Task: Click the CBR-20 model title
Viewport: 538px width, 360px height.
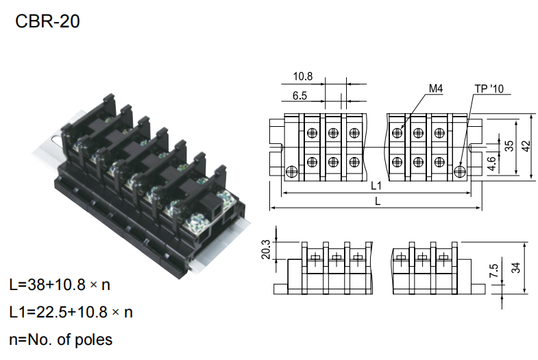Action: coord(47,21)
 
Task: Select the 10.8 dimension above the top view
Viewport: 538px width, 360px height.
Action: coord(303,75)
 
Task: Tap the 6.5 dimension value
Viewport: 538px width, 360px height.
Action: coord(299,97)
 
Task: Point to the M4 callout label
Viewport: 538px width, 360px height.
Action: coord(437,89)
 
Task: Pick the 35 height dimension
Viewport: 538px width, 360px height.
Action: coord(509,145)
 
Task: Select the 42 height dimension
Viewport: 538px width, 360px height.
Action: coord(526,145)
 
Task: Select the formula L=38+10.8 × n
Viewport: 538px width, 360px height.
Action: coord(60,285)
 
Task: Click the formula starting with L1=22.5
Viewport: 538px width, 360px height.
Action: coord(71,312)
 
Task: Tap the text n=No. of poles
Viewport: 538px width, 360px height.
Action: coord(61,339)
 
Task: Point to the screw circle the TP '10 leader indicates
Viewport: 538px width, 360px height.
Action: coord(461,169)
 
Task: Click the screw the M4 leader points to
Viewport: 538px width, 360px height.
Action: coord(397,132)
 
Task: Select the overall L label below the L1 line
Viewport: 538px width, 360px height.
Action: coord(377,200)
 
